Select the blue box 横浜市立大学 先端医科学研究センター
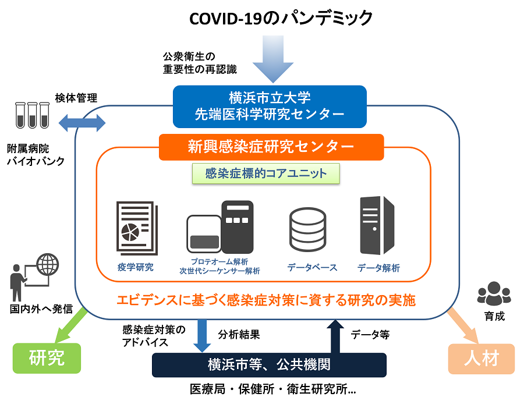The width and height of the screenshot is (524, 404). tap(270, 107)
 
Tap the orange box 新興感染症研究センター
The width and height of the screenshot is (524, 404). tap(271, 147)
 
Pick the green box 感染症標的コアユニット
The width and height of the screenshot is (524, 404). tap(266, 173)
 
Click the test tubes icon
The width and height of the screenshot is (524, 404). tap(32, 115)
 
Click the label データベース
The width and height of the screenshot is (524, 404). tap(312, 268)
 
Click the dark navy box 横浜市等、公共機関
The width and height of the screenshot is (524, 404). tap(269, 365)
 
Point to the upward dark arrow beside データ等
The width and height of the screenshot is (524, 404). tap(336, 336)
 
